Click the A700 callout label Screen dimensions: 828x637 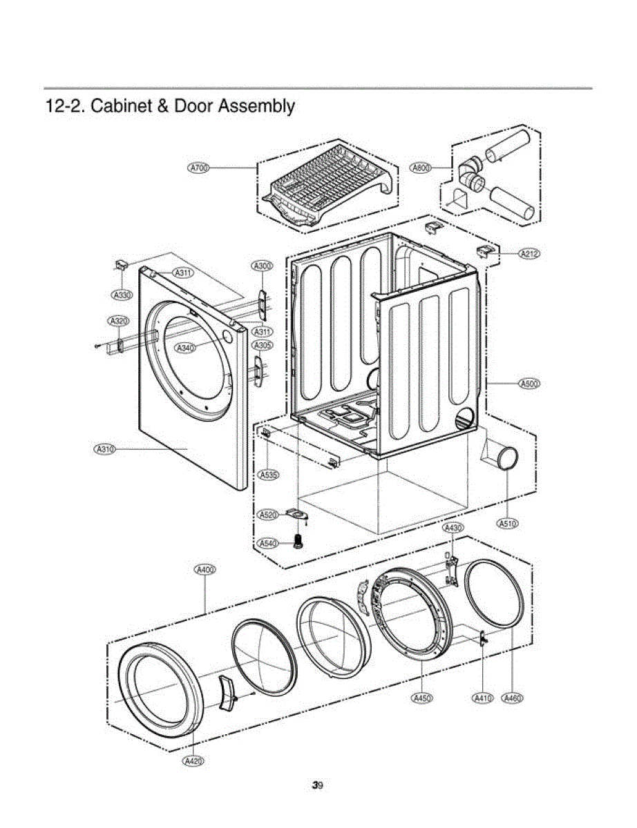[x=199, y=168]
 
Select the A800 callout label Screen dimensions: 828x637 [x=421, y=167]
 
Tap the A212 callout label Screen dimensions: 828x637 [x=529, y=253]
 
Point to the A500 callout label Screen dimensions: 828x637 [x=529, y=383]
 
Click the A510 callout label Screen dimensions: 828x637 [x=508, y=523]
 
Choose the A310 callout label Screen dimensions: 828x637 [x=104, y=449]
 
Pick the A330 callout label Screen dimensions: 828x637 [x=122, y=295]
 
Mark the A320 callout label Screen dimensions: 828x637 [x=118, y=321]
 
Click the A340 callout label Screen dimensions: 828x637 [x=185, y=348]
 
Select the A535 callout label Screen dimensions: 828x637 [x=269, y=475]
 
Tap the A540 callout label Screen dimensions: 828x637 [x=268, y=544]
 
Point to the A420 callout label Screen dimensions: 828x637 [x=193, y=760]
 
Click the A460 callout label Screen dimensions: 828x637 [x=512, y=698]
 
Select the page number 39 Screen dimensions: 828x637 [x=318, y=785]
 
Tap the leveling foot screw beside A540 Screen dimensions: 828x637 [x=299, y=541]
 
